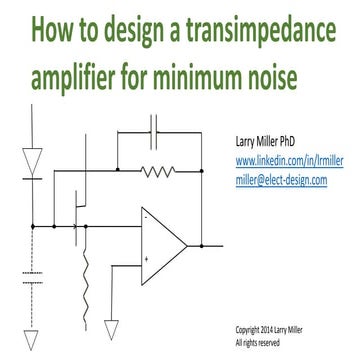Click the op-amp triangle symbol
pyautogui.click(x=160, y=243)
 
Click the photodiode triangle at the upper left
pyautogui.click(x=34, y=157)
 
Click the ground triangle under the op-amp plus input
pyautogui.click(x=112, y=329)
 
